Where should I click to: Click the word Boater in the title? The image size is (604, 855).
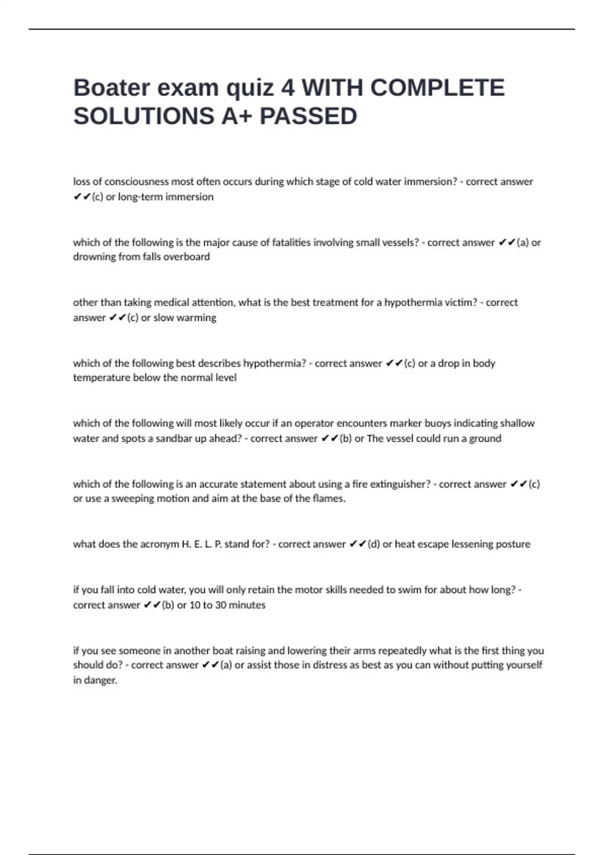(112, 88)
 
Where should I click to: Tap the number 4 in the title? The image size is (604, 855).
(288, 88)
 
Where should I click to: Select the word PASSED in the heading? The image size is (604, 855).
(308, 116)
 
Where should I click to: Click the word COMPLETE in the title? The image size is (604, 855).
(437, 88)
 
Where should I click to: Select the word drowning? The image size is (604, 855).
(94, 256)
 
